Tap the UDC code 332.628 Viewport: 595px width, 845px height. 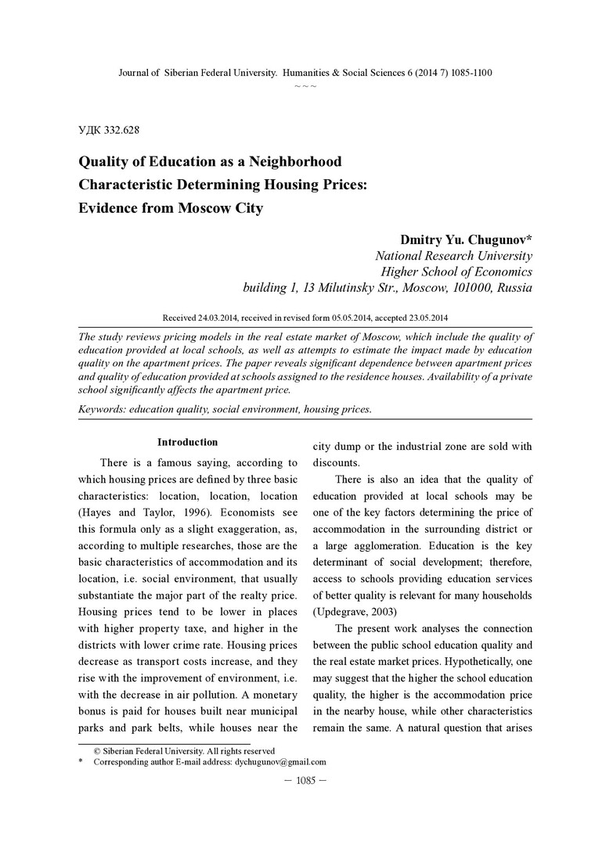pos(121,130)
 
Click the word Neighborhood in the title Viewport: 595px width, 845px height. pos(295,162)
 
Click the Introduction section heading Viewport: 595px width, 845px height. pos(187,442)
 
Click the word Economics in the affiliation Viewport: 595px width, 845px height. pos(494,271)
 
